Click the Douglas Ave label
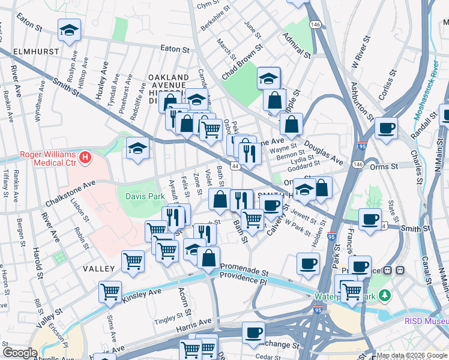coord(323,153)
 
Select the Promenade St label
coord(244,266)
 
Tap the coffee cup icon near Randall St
coord(386,127)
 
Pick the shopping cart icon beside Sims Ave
coord(110,291)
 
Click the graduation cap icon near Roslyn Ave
coord(70,30)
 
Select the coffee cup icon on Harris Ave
coord(253,332)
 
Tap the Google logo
coord(20,353)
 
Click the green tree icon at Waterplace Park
coord(385,295)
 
